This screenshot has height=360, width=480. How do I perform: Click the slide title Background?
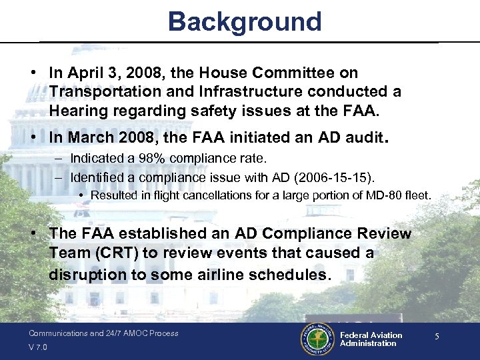click(245, 21)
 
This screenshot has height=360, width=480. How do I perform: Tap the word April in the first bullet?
click(84, 73)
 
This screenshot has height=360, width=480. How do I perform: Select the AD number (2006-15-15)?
click(337, 177)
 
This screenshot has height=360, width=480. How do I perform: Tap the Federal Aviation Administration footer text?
click(371, 339)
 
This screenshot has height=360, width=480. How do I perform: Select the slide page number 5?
click(437, 337)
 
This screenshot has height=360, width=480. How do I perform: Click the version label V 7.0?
click(38, 347)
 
